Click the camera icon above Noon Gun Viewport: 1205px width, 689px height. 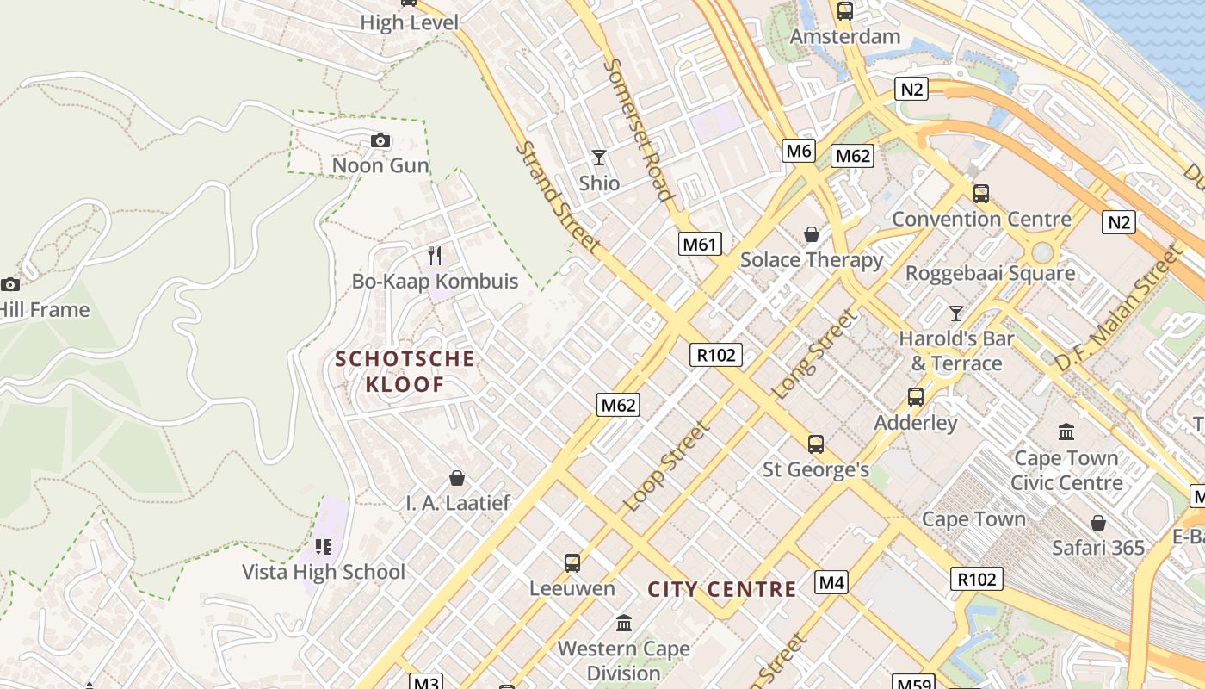tap(380, 140)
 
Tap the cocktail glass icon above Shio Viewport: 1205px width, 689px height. tap(599, 158)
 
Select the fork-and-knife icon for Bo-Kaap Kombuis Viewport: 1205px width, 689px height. tap(435, 256)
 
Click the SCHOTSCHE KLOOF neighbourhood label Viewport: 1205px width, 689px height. tap(405, 371)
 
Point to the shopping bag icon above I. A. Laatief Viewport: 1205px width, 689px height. tap(457, 477)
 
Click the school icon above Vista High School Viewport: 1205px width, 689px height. tap(324, 546)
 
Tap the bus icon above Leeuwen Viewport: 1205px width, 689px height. tap(572, 563)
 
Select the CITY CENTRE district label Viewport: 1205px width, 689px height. tap(722, 590)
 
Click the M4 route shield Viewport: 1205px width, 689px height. tap(831, 582)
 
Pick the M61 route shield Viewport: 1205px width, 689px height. tap(699, 244)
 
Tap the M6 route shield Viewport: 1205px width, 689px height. tap(799, 152)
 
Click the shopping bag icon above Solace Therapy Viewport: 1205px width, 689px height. tap(811, 234)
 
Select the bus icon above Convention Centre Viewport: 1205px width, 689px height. tap(980, 194)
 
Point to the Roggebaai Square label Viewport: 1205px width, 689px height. tap(990, 274)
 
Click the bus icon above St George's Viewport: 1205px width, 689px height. tap(815, 444)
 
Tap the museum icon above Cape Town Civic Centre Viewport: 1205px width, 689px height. tap(1066, 431)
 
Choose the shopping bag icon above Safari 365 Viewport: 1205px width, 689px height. tap(1098, 523)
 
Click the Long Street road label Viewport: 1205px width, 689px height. tap(815, 354)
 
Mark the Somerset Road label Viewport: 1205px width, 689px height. tap(637, 129)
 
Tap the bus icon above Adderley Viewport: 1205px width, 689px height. tap(916, 397)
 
